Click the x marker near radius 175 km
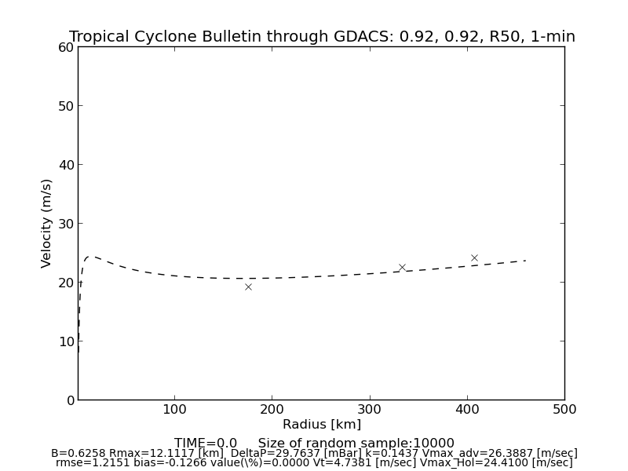(x=248, y=287)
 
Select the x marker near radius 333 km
(x=402, y=267)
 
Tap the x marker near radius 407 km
(x=474, y=257)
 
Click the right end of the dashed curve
(x=525, y=260)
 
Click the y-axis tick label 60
(x=65, y=47)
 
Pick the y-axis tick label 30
(x=65, y=224)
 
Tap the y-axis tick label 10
(x=65, y=341)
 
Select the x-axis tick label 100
(x=174, y=409)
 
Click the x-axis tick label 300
(x=370, y=409)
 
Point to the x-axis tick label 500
(x=564, y=409)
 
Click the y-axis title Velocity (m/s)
(x=47, y=223)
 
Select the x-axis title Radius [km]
(x=321, y=425)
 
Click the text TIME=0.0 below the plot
(x=206, y=444)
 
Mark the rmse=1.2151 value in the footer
(x=87, y=463)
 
